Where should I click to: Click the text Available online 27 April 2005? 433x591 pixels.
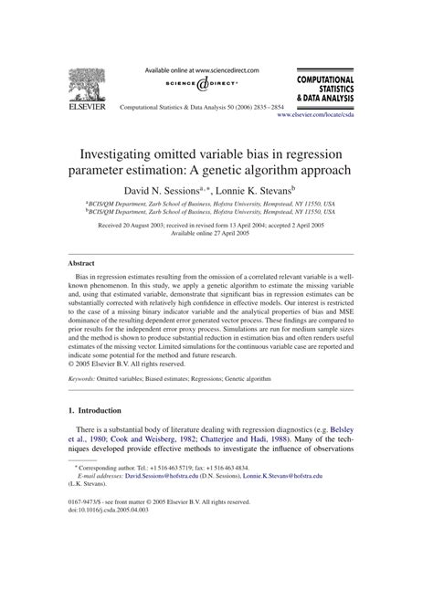click(216, 232)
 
